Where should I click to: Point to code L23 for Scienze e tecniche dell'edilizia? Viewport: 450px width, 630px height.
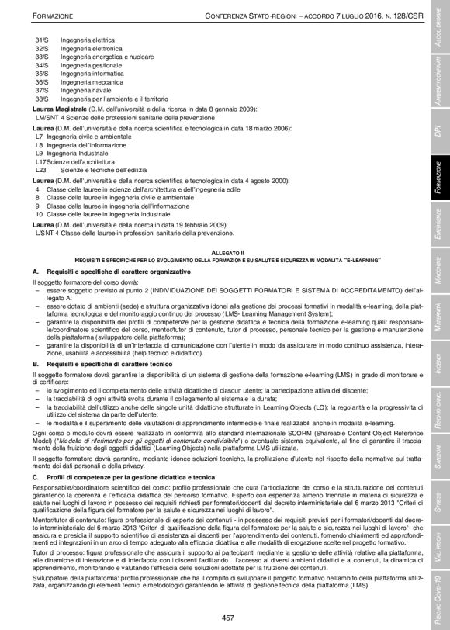point(41,169)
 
